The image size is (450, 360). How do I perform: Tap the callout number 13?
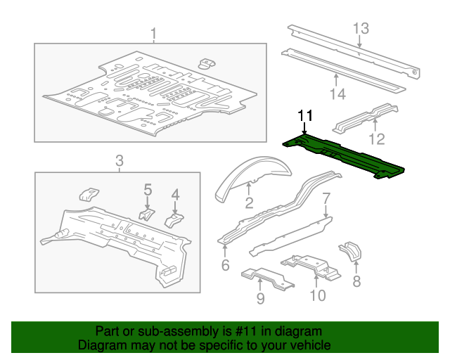coord(361,28)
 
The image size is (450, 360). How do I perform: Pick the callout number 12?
coord(378,138)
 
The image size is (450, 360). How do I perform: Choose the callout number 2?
coord(249,204)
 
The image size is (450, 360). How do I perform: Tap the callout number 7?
coord(326,198)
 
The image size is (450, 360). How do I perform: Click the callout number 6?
coord(225,265)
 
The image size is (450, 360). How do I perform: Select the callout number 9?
coord(260,300)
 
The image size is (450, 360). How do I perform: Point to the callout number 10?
coord(318,295)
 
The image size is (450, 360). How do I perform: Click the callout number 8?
coord(356,282)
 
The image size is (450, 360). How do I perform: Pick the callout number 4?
coord(176,194)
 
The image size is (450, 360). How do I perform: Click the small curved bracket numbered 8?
coord(349,252)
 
